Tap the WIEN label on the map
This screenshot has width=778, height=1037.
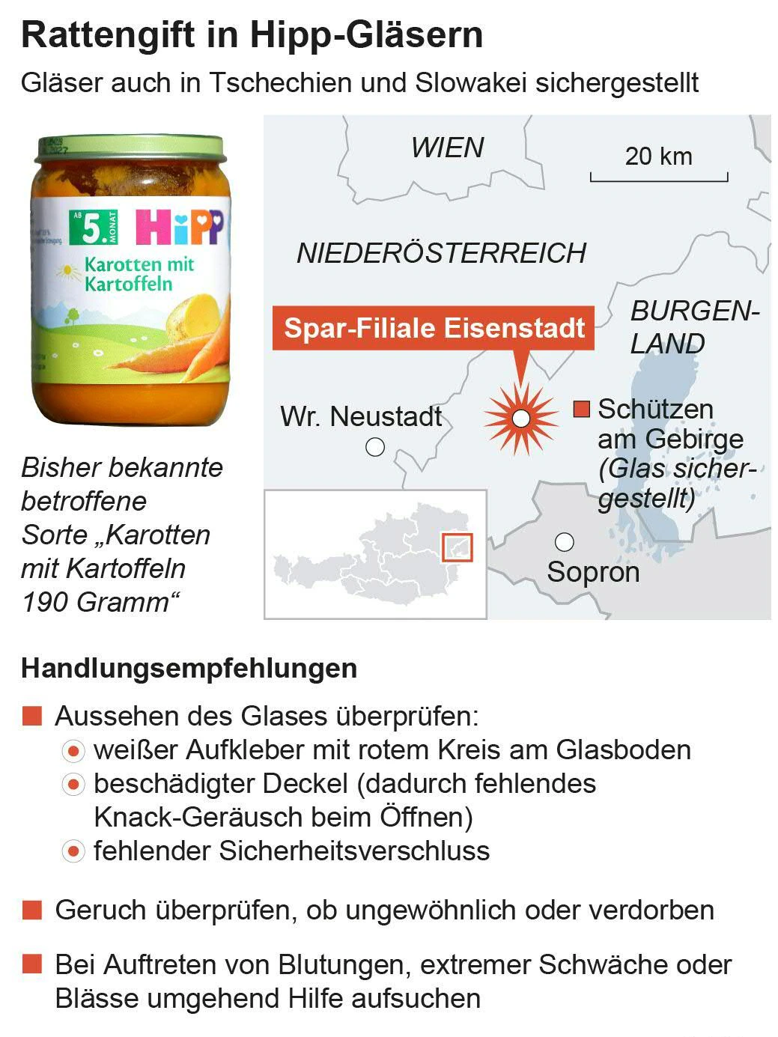point(447,148)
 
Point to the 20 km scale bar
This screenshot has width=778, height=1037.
point(658,177)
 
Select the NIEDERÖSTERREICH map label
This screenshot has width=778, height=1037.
point(441,253)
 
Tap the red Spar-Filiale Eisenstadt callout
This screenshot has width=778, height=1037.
point(434,328)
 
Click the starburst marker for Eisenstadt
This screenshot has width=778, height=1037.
point(520,419)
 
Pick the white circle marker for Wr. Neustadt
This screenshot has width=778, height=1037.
point(374,447)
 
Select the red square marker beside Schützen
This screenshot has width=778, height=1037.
point(581,409)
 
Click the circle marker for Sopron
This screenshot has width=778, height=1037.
point(564,541)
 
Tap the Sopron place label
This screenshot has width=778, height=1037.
point(593,572)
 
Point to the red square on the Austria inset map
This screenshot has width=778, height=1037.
point(457,547)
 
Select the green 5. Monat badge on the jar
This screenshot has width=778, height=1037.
point(93,227)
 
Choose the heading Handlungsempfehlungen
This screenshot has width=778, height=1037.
point(189,668)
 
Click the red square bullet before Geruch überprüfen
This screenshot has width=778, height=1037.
point(32,910)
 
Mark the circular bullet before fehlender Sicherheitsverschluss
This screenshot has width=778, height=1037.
point(73,851)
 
